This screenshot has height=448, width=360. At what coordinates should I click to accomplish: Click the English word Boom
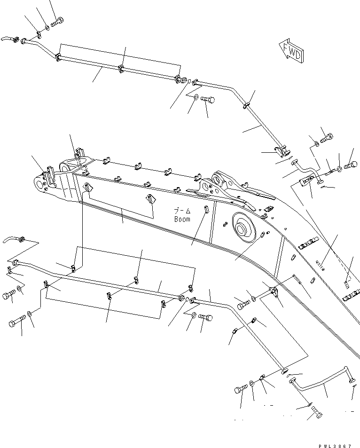click(x=182, y=219)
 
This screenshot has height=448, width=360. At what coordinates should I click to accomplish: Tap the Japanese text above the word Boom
click(x=182, y=212)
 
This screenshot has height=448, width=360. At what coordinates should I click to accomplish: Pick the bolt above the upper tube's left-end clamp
click(x=58, y=21)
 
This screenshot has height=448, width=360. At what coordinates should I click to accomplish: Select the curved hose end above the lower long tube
click(x=14, y=240)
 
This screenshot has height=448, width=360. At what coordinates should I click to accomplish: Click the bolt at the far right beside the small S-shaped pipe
click(x=351, y=165)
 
